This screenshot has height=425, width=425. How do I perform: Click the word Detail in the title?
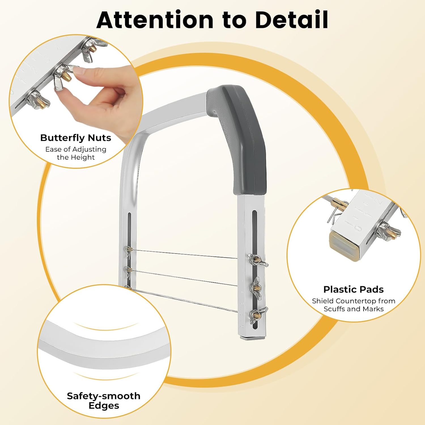[292, 20]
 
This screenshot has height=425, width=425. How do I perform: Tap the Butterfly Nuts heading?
[76, 138]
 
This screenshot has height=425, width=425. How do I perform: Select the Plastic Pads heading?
[354, 289]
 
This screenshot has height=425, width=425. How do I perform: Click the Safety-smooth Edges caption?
[104, 401]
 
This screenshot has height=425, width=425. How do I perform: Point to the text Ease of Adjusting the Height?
[76, 153]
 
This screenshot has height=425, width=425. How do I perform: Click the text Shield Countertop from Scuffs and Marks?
[354, 305]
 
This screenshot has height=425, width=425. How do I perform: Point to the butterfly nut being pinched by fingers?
[64, 76]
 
